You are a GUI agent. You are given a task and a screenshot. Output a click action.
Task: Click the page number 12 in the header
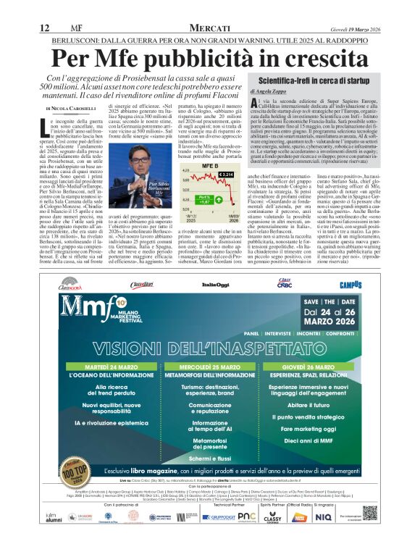pyautogui.click(x=44, y=28)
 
